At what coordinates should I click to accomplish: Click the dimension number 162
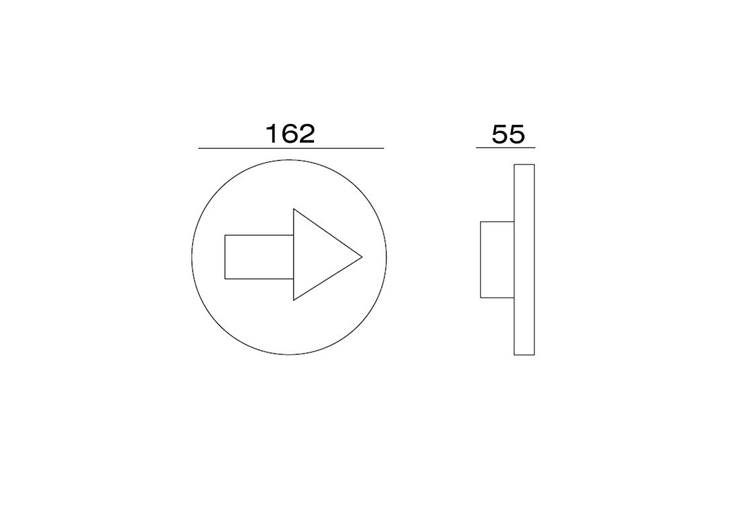[x=291, y=134]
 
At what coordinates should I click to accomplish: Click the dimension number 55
[x=508, y=134]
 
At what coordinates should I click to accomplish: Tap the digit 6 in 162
[x=290, y=134]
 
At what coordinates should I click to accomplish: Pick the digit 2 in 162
[x=307, y=134]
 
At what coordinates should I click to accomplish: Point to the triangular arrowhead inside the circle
[x=316, y=255]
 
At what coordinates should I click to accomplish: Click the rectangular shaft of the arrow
[x=259, y=257]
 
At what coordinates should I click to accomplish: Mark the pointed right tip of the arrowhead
[x=362, y=256]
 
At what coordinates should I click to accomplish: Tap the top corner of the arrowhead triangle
[x=294, y=209]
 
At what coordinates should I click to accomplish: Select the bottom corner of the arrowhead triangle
[x=294, y=300]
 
